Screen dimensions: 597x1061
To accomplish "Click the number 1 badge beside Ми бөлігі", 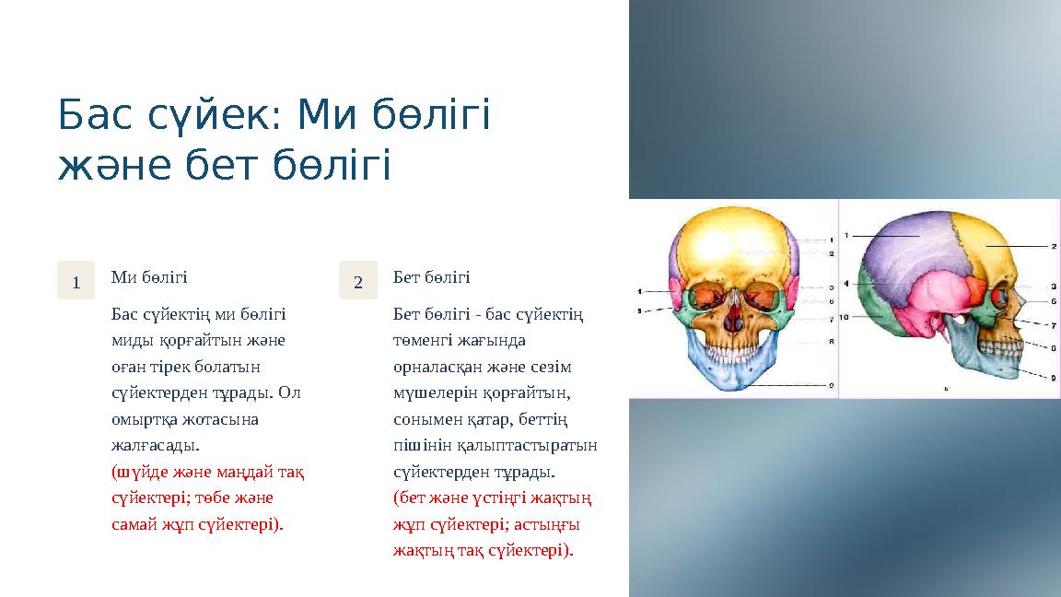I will point(76,280).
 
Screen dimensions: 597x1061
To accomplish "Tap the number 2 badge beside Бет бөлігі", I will point(358,280).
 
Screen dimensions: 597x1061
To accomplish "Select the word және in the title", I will point(109,166).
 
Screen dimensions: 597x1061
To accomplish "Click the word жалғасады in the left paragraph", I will point(153,446).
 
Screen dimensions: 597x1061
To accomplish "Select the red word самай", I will point(134,524).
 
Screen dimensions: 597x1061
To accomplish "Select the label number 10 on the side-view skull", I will point(843,317).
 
